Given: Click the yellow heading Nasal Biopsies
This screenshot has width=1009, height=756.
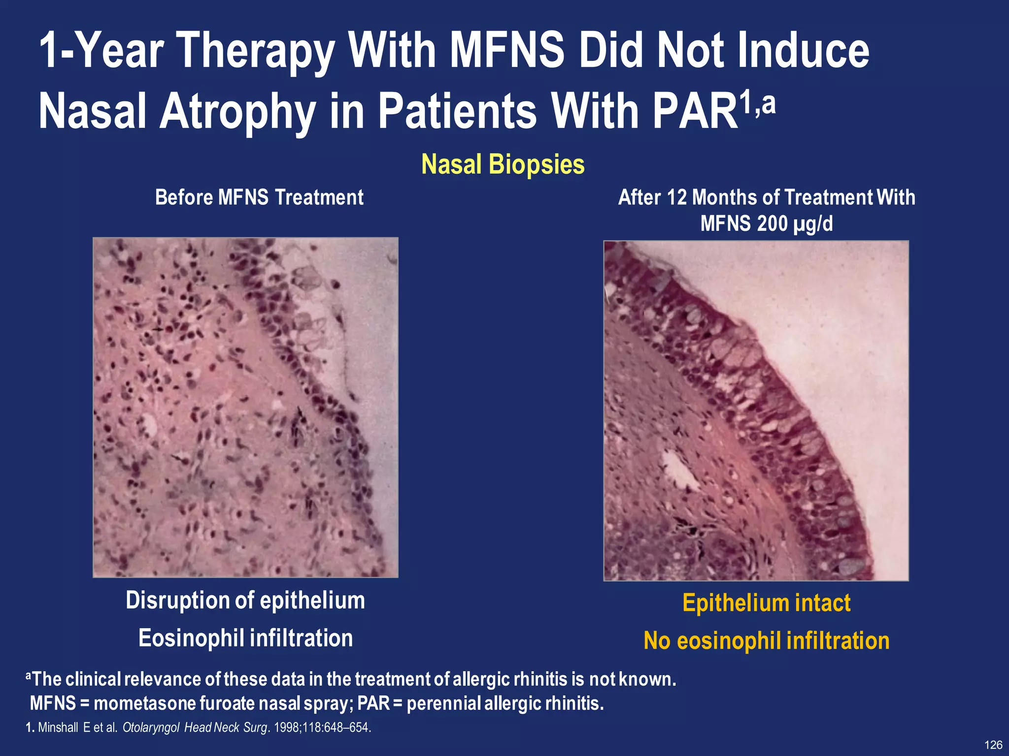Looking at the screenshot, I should (x=503, y=164).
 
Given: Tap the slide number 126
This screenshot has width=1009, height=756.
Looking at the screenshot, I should (x=993, y=745).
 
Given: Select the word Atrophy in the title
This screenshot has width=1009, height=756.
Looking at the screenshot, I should (x=237, y=111).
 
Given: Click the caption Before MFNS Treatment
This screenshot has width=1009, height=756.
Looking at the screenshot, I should (x=259, y=197).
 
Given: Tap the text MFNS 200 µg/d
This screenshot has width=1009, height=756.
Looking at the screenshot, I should (x=766, y=223).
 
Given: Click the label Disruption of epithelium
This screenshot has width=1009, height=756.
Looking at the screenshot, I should (x=245, y=600).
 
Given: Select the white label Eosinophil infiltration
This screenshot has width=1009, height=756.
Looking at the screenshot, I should (x=245, y=638).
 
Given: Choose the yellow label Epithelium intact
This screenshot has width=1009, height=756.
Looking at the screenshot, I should (x=766, y=603).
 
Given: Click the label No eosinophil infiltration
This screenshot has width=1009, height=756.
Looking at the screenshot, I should (x=766, y=641).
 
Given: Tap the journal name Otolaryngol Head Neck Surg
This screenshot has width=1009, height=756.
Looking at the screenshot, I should (x=194, y=727).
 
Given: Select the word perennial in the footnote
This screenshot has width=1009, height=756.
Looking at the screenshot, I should (x=443, y=703).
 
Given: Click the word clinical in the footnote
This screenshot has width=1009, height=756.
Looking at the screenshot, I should (x=93, y=679).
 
